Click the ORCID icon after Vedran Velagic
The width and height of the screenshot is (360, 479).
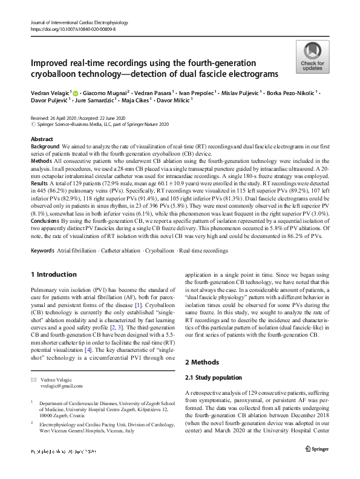tap(76, 94)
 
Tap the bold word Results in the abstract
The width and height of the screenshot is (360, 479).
tap(41, 182)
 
